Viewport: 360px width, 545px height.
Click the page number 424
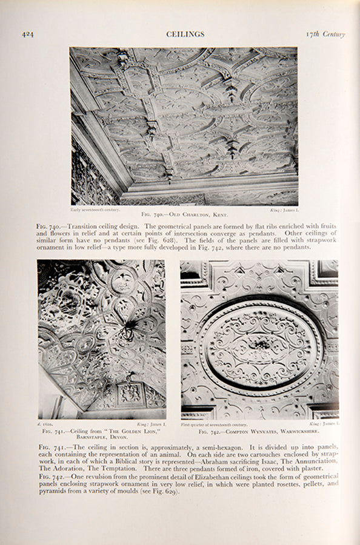pyautogui.click(x=28, y=35)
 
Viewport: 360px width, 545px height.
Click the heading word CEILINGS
pyautogui.click(x=185, y=35)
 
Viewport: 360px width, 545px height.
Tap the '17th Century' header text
pyautogui.click(x=325, y=35)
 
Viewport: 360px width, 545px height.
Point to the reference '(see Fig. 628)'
pyautogui.click(x=164, y=240)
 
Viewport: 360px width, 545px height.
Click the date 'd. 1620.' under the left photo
pyautogui.click(x=47, y=425)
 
